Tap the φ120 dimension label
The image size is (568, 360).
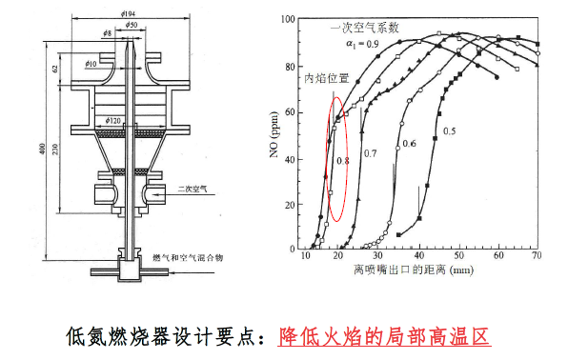(x=112, y=121)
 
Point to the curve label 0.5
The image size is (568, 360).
(x=448, y=130)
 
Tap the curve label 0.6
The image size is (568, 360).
(x=407, y=143)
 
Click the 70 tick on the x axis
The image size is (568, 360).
(x=538, y=257)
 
